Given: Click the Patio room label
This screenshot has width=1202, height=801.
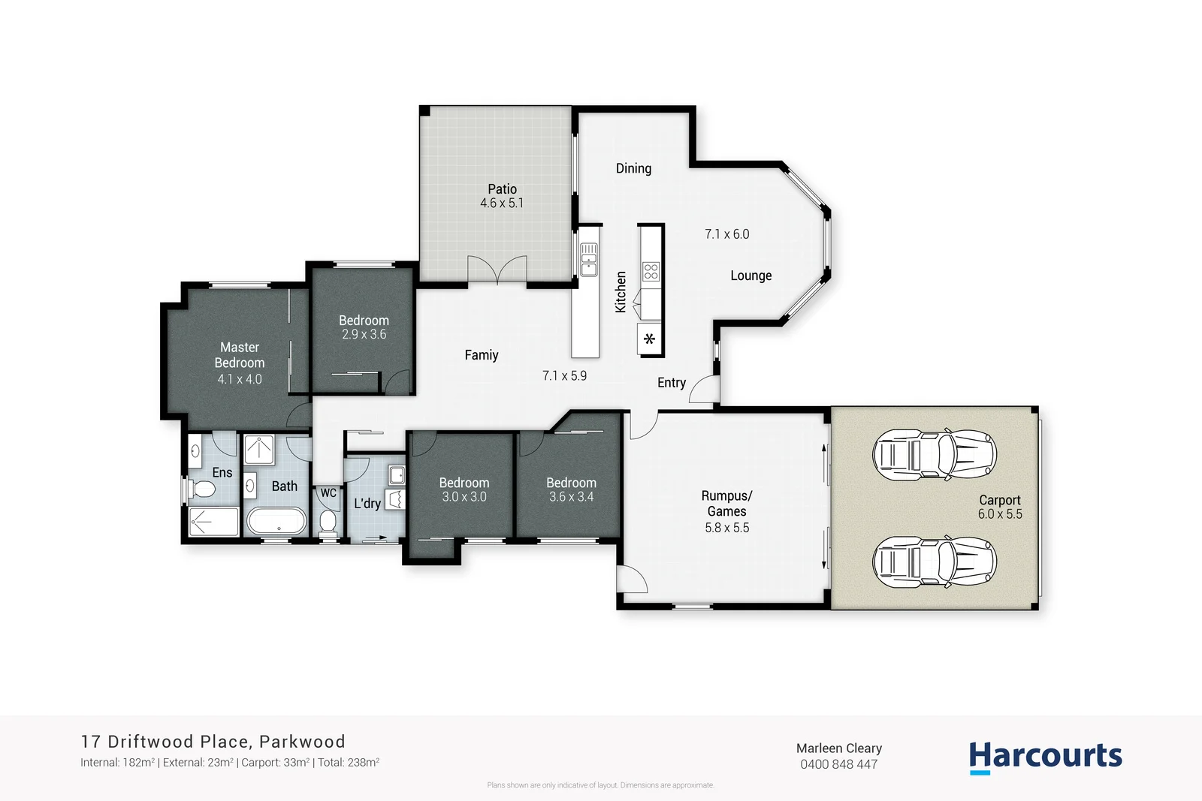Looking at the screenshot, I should click(502, 189).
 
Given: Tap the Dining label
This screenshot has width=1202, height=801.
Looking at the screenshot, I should click(633, 168).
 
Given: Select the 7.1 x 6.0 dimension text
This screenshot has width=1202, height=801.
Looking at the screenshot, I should click(726, 234).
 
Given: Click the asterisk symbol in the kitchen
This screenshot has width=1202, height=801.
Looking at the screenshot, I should click(650, 339).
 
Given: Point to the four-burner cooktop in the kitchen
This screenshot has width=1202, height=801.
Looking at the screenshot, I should click(651, 272).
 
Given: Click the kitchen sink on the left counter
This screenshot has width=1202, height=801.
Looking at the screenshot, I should click(588, 259).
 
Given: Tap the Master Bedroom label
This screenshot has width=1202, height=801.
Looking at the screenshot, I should click(240, 355).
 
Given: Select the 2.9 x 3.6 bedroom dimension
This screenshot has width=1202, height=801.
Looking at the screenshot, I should click(364, 335).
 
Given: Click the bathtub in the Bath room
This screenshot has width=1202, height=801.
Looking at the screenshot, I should click(276, 521).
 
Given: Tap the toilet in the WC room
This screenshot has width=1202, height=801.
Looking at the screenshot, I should click(328, 521).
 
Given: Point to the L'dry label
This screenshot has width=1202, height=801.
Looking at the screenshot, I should click(367, 503).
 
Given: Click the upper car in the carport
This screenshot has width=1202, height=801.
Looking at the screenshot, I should click(934, 455).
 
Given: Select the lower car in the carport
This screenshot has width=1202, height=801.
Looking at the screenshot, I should click(934, 561).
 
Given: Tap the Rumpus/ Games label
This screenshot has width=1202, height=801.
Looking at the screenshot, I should click(726, 504).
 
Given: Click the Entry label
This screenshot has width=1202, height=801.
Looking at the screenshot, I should click(671, 383).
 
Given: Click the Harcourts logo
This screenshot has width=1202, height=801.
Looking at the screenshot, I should click(1045, 756).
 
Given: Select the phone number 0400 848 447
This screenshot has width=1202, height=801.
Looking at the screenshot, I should click(838, 764).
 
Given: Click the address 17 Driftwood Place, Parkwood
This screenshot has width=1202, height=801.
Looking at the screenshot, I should click(213, 742).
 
